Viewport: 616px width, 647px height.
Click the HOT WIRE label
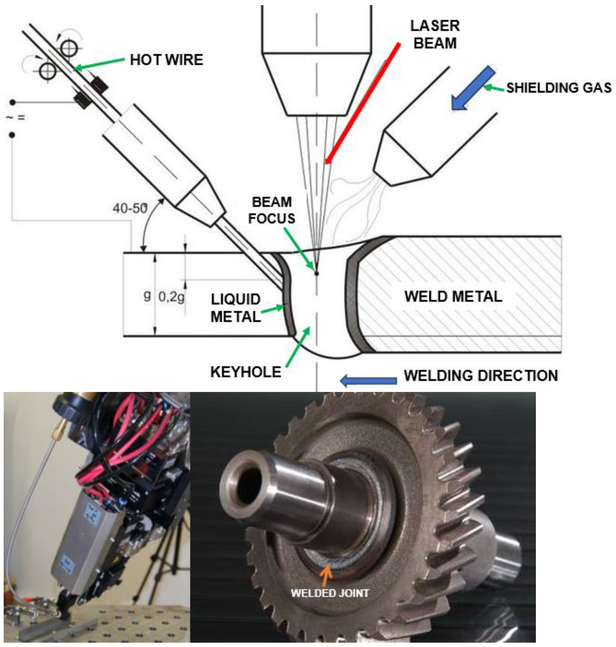[x=166, y=60]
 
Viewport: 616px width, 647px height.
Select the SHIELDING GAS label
[x=559, y=88]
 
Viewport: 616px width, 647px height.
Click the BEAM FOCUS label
[x=271, y=210]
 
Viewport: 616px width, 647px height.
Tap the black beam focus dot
[x=317, y=273]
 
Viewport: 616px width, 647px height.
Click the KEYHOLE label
[x=246, y=372]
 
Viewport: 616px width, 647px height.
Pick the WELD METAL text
[x=453, y=296]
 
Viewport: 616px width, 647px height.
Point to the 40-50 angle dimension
[x=130, y=208]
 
